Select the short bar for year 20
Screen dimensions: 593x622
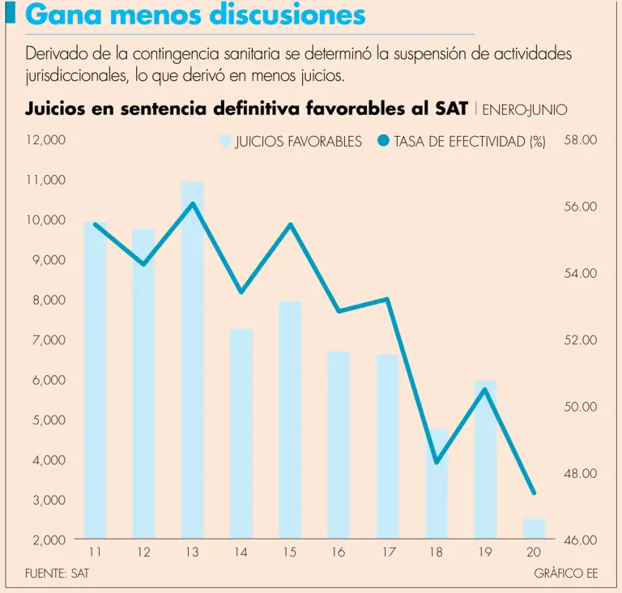[x=534, y=529]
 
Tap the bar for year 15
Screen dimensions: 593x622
[x=290, y=421]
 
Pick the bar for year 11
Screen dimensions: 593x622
[x=96, y=381]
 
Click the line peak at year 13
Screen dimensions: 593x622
[x=193, y=203]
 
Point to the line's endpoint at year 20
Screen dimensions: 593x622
[x=534, y=493]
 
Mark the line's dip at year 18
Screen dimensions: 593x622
[x=437, y=462]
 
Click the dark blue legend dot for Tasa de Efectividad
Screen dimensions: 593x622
[x=384, y=141]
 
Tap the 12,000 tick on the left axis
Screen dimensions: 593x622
[x=46, y=140]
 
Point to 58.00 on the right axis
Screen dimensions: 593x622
[x=580, y=140]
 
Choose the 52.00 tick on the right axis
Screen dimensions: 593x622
[x=580, y=340]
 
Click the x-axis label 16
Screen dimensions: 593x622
[x=338, y=552]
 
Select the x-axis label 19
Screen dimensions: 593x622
[x=484, y=552]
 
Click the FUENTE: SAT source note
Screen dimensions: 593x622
[x=57, y=574]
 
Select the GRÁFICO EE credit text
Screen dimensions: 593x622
[x=566, y=574]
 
